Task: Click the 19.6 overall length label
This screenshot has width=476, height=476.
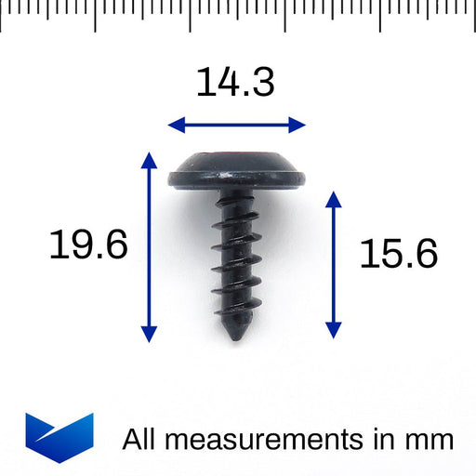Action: [x=88, y=246]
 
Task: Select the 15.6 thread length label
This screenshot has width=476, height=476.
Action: [x=398, y=253]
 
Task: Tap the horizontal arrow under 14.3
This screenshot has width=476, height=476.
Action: [x=236, y=125]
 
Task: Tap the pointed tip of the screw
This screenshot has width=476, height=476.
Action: [x=232, y=334]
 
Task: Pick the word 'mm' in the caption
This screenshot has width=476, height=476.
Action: [x=430, y=439]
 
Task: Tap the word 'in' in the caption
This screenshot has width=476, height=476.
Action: [x=385, y=439]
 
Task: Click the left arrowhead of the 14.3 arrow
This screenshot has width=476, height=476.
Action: [x=173, y=125]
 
